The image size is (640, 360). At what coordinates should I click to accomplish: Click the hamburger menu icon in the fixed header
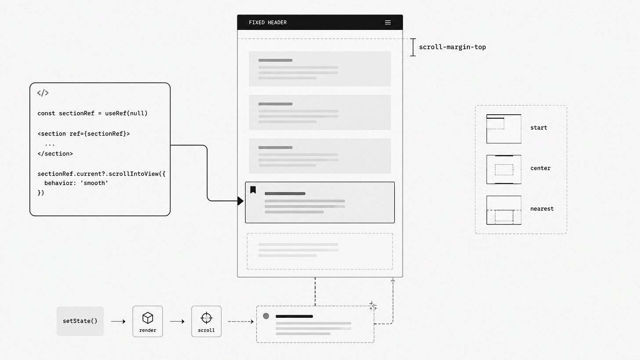[388, 22]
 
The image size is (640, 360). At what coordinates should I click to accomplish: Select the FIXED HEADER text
[268, 22]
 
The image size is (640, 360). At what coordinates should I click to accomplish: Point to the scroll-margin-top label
[452, 47]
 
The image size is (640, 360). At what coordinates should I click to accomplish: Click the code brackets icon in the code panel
[43, 93]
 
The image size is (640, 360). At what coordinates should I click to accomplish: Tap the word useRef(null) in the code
[126, 113]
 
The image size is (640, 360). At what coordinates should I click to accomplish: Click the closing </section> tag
[55, 154]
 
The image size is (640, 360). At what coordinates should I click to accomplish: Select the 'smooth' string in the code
[94, 183]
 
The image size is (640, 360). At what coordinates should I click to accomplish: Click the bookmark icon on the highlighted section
[253, 190]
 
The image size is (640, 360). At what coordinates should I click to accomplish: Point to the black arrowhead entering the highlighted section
[240, 201]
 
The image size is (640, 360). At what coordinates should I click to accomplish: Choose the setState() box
[80, 321]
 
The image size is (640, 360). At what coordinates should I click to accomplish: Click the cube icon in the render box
[148, 318]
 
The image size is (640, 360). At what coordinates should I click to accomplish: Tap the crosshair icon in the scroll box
[206, 318]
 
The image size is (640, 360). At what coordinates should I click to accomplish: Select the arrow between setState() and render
[118, 321]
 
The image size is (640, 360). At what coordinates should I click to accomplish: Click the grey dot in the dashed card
[266, 316]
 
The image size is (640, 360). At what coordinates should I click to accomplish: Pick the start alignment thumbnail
[504, 129]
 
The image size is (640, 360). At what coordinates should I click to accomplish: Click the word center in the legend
[540, 168]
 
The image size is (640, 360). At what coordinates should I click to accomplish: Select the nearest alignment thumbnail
[504, 210]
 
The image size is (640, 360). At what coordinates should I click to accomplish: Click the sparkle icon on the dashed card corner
[373, 306]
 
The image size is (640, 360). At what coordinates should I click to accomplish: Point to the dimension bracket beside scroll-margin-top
[413, 47]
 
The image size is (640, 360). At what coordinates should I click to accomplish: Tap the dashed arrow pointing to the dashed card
[241, 321]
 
